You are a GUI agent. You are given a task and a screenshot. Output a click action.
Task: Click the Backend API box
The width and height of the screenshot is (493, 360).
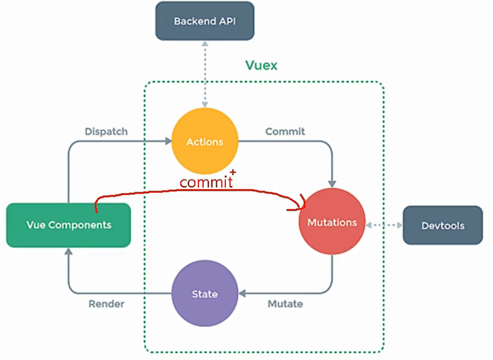pyautogui.click(x=205, y=21)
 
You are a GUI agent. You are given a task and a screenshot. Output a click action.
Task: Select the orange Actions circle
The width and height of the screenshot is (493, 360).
pyautogui.click(x=205, y=142)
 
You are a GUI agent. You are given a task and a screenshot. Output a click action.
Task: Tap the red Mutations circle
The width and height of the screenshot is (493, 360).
pyautogui.click(x=332, y=222)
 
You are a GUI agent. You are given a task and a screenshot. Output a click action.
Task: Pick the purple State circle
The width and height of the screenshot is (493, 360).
pyautogui.click(x=205, y=294)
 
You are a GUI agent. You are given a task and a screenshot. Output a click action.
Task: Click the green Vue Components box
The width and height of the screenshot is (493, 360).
pyautogui.click(x=68, y=225)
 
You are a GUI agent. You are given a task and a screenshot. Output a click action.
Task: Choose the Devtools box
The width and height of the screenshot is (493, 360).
pyautogui.click(x=442, y=226)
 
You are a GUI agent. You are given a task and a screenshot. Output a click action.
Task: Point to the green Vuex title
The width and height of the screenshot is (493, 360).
pyautogui.click(x=261, y=65)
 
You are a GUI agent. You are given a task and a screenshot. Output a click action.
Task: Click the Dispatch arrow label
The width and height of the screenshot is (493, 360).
pyautogui.click(x=106, y=132)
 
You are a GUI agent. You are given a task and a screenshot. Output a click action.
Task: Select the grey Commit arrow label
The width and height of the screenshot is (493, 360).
pyautogui.click(x=285, y=132)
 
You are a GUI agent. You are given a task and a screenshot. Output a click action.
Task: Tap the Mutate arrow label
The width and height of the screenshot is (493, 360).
pyautogui.click(x=285, y=304)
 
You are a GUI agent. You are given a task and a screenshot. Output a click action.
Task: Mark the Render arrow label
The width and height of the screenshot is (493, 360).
pyautogui.click(x=106, y=304)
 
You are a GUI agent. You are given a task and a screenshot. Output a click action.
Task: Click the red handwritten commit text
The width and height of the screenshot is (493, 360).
pyautogui.click(x=205, y=182)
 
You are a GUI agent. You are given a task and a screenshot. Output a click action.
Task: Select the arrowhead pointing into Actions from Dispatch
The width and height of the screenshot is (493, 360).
pyautogui.click(x=167, y=141)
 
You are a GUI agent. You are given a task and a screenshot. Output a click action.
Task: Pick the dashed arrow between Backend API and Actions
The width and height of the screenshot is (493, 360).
pyautogui.click(x=205, y=74)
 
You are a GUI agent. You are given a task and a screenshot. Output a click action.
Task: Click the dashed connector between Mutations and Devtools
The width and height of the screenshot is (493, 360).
pyautogui.click(x=384, y=225)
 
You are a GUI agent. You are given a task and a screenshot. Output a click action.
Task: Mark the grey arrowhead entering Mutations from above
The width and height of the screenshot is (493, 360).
pyautogui.click(x=332, y=184)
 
